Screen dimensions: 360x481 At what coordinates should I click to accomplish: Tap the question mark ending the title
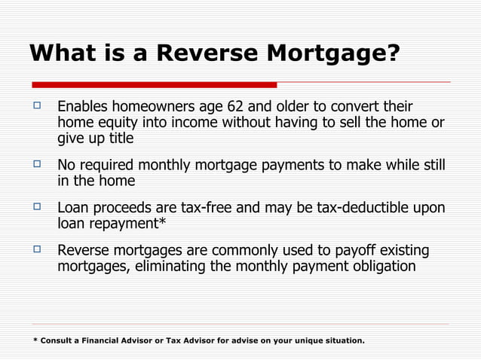[x=392, y=53]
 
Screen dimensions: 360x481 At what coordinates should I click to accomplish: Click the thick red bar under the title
[x=154, y=84]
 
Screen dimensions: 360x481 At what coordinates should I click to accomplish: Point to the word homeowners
[x=146, y=107]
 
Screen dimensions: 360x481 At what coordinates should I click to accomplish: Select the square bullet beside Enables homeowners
[x=35, y=106]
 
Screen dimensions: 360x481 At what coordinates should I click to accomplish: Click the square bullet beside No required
[x=35, y=165]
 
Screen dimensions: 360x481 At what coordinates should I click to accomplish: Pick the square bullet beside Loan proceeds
[x=35, y=207]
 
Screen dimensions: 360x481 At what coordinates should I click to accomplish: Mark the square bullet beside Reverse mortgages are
[x=35, y=249]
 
